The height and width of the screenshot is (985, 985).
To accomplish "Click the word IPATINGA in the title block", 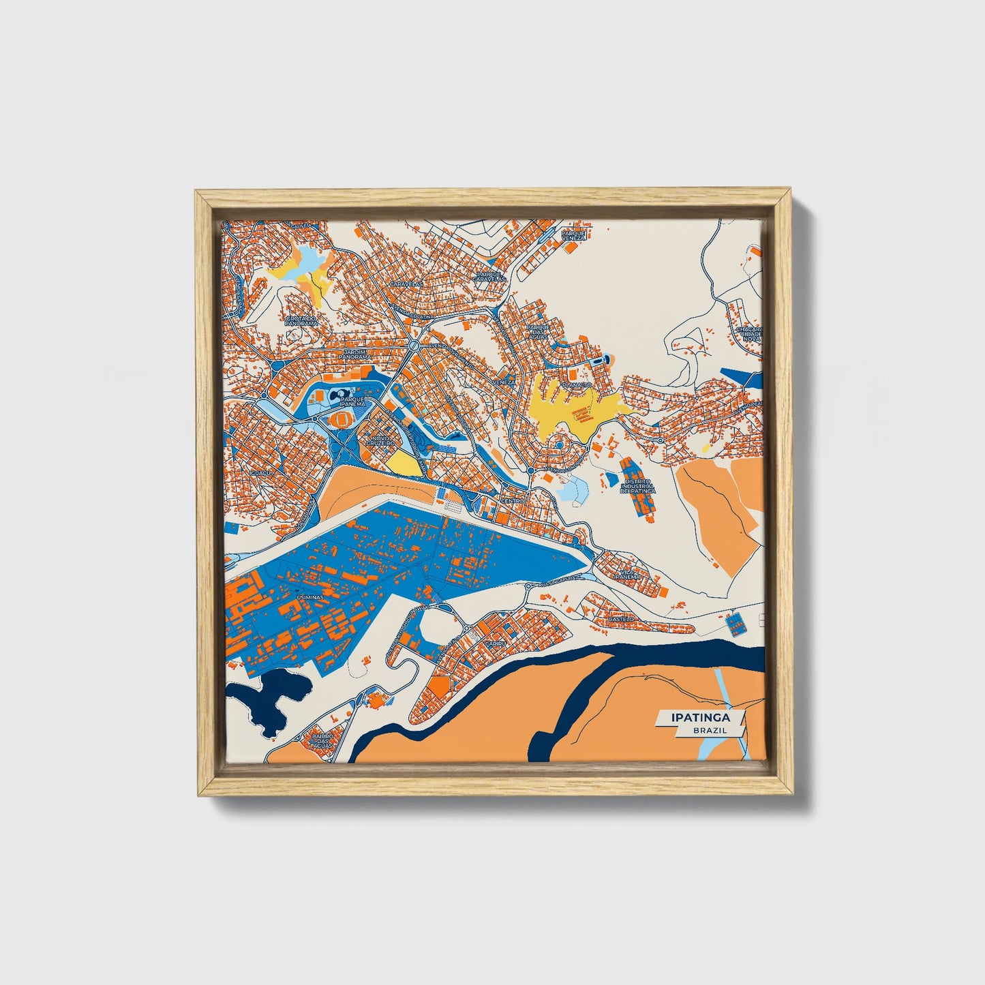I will pyautogui.click(x=700, y=717).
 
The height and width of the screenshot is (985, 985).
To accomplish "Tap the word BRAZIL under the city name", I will pyautogui.click(x=709, y=730).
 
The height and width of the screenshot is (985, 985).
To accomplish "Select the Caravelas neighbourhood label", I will pyautogui.click(x=406, y=283).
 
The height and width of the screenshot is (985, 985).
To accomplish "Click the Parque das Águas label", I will pyautogui.click(x=539, y=331).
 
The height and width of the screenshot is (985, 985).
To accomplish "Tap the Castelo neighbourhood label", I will pyautogui.click(x=621, y=618).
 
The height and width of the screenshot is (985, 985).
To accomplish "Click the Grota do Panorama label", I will pyautogui.click(x=301, y=320).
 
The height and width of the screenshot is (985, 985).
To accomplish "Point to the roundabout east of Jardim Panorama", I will pyautogui.click(x=413, y=346).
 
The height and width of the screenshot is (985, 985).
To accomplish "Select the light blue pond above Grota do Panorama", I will pyautogui.click(x=308, y=258).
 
